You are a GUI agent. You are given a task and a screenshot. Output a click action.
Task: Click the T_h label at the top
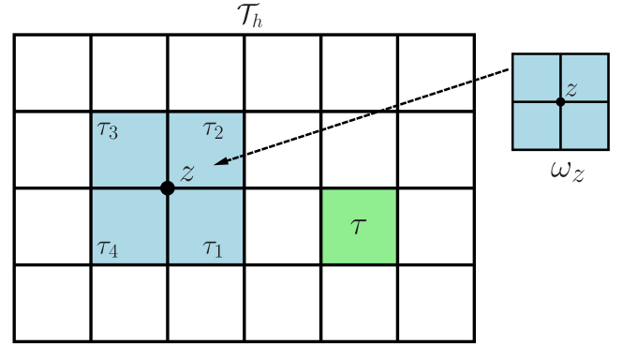click(x=249, y=15)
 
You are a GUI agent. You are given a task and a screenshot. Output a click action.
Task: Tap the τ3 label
click(x=108, y=129)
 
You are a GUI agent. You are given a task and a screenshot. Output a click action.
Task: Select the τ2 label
click(x=213, y=129)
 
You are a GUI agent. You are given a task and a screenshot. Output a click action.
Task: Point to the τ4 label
click(x=108, y=248)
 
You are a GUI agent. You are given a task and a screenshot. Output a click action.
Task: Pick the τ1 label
click(x=213, y=248)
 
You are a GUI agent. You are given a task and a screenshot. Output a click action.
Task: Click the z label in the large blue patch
click(x=187, y=172)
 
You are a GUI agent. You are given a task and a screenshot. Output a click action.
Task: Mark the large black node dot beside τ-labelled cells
click(x=168, y=188)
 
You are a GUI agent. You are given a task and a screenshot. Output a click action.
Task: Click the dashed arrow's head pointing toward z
click(x=217, y=163)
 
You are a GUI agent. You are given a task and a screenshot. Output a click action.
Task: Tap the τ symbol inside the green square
click(x=358, y=226)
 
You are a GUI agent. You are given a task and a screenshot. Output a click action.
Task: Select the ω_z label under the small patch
click(x=567, y=172)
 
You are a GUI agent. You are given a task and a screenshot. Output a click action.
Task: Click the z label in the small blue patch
click(x=570, y=89)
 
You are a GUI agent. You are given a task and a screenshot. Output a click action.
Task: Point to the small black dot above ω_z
click(x=560, y=101)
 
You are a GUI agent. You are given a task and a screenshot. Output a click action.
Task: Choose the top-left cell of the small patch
click(x=536, y=78)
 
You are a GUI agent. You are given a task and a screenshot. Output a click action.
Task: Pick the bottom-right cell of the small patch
click(x=585, y=126)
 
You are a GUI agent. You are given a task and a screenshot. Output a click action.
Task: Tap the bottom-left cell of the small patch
click(x=536, y=126)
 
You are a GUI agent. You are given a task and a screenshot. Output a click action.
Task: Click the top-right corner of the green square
click(x=395, y=190)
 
